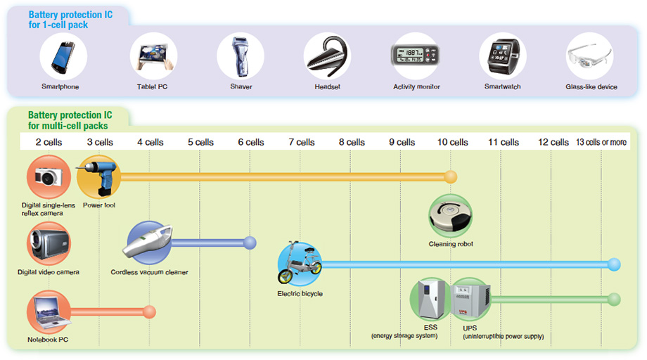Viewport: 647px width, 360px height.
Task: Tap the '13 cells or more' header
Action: click(x=601, y=142)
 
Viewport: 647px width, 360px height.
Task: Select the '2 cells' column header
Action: click(x=49, y=142)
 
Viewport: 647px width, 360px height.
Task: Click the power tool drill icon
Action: click(x=98, y=177)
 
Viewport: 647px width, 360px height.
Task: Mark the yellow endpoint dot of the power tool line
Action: click(x=451, y=176)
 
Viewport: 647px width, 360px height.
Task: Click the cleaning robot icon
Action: click(x=451, y=215)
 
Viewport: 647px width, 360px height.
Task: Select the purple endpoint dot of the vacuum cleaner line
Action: click(x=250, y=243)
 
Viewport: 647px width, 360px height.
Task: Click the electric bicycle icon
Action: click(x=300, y=264)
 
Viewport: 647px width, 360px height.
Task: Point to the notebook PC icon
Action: click(x=49, y=313)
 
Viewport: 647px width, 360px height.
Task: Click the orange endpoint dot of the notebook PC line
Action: click(x=148, y=311)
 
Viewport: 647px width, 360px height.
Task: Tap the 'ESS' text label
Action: click(x=430, y=328)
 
